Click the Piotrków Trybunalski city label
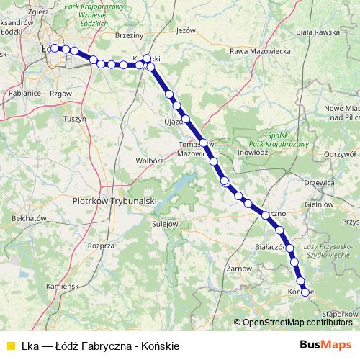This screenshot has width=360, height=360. [x=116, y=201]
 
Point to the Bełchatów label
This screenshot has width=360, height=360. [x=30, y=217]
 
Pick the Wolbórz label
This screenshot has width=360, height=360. [x=150, y=160]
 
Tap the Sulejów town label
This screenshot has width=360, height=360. [x=165, y=224]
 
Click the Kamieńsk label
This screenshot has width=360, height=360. [x=62, y=286]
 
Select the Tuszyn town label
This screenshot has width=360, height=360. [x=74, y=118]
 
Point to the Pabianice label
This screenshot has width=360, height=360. [x=26, y=93]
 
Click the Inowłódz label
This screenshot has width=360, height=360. [x=253, y=153]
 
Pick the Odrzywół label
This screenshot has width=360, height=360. [x=341, y=153]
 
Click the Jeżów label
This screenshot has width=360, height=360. [x=186, y=31]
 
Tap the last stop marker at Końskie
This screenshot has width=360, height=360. [x=305, y=292]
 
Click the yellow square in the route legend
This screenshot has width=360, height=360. [x=10, y=346]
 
